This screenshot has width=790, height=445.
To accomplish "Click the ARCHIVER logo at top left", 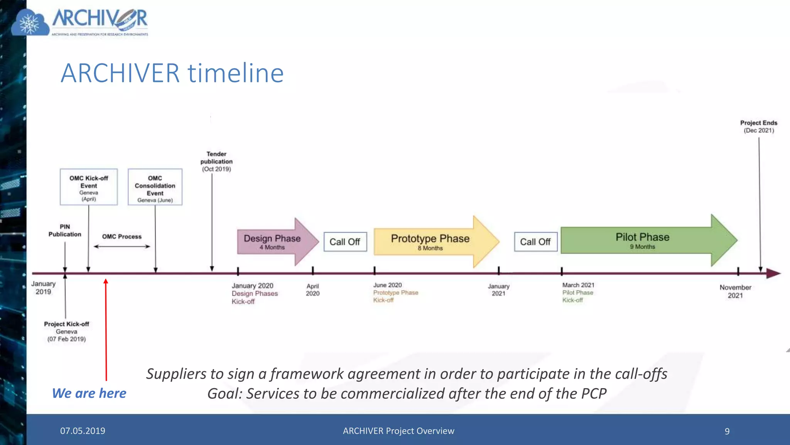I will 80,22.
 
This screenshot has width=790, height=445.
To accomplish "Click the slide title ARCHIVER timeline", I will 172,73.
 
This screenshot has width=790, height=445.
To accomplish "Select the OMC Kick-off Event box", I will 89,187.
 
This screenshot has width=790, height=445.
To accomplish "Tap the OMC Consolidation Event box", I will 155,187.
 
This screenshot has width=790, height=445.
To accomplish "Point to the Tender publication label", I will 216,161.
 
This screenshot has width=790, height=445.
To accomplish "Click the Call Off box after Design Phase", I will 345,242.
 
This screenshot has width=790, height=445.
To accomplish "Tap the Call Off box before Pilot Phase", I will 535,242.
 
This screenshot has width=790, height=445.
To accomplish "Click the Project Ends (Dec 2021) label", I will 758,126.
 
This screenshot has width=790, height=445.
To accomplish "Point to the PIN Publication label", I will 65,231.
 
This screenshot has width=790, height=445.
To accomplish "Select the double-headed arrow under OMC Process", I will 122,246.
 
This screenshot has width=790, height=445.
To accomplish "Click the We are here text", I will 89,393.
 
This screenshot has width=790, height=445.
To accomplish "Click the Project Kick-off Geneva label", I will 66,331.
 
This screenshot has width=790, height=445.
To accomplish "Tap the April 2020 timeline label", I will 312,290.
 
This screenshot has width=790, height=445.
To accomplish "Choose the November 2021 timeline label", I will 735,291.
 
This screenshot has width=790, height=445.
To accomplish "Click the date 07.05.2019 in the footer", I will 83,431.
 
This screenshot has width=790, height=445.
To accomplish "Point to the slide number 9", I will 727,431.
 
